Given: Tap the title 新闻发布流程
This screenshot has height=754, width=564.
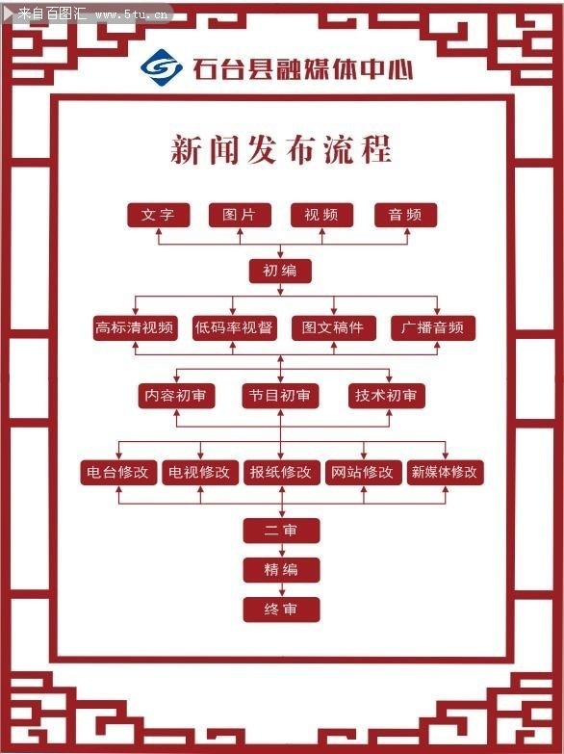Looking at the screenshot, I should (281, 151).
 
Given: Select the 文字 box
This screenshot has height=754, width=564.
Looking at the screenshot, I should (158, 215).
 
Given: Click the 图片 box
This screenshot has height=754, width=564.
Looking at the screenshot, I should (240, 215).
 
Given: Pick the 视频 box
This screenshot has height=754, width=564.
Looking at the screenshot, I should (321, 215).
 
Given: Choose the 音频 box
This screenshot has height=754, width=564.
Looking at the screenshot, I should (405, 215).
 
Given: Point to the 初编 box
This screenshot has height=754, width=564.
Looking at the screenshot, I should (281, 271).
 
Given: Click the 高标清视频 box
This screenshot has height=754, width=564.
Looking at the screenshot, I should (135, 327).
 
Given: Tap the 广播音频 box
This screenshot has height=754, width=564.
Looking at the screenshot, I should (433, 327).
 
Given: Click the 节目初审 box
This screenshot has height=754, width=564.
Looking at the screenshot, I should (280, 395).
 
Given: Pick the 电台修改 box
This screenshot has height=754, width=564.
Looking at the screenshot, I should (117, 472).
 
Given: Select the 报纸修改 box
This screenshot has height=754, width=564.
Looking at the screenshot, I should (281, 472).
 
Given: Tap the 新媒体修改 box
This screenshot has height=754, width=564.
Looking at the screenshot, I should (445, 472).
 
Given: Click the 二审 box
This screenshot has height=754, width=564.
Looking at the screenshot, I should (281, 531).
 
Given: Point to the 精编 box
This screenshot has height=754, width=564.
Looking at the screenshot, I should (281, 570).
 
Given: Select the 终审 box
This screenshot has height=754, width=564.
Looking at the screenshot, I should (281, 610).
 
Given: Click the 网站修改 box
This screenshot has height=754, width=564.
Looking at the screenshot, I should (363, 472).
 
